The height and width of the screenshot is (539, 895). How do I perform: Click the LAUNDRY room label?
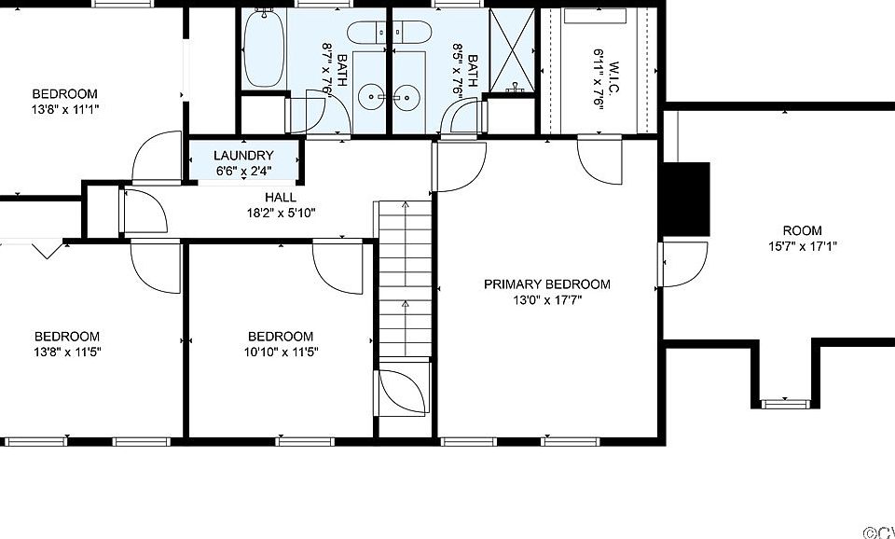(243, 156)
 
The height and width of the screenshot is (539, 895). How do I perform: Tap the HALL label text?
(281, 198)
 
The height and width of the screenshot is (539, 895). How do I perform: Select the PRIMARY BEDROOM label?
(547, 284)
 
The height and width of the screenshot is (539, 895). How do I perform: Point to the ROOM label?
(802, 230)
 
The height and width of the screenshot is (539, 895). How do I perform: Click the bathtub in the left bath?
(264, 48)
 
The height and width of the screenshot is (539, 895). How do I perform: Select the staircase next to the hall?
(405, 279)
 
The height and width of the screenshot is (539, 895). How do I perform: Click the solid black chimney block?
(685, 200)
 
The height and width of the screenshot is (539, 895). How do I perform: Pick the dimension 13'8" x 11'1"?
(65, 109)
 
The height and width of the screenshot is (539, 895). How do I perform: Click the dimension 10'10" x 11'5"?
(281, 352)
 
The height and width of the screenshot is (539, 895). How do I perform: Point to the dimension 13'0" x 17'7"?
(547, 299)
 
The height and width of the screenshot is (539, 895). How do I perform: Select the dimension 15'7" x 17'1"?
(802, 246)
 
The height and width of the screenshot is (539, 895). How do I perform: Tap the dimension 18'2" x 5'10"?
(281, 213)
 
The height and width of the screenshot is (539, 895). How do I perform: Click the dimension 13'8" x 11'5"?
(67, 352)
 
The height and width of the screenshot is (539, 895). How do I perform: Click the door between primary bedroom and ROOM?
(683, 264)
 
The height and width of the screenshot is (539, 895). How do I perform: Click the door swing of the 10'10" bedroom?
(337, 268)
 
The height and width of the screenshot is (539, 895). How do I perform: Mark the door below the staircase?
(403, 392)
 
